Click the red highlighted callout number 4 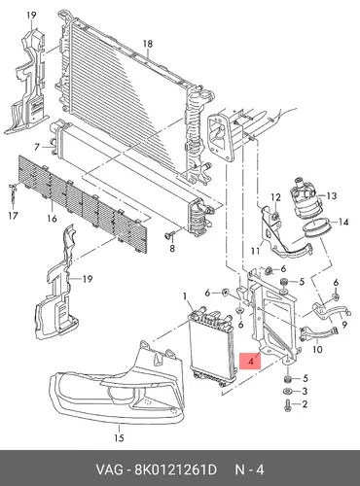[x=250, y=362]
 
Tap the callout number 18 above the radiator [x=148, y=44]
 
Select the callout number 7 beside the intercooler [x=37, y=148]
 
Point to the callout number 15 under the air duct [x=119, y=438]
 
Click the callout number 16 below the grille [x=52, y=219]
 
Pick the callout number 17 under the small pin [x=13, y=216]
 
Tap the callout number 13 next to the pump [x=332, y=195]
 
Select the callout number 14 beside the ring [x=343, y=222]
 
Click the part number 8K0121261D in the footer [x=175, y=469]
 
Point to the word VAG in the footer [x=109, y=469]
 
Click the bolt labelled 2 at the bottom [x=288, y=404]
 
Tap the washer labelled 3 [x=288, y=391]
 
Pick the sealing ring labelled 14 [x=316, y=228]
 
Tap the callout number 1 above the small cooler [x=185, y=296]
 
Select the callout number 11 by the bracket [x=255, y=251]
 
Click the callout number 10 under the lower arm [x=318, y=349]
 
